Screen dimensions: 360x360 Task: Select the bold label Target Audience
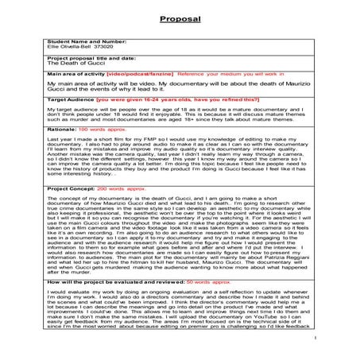point(71,101)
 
